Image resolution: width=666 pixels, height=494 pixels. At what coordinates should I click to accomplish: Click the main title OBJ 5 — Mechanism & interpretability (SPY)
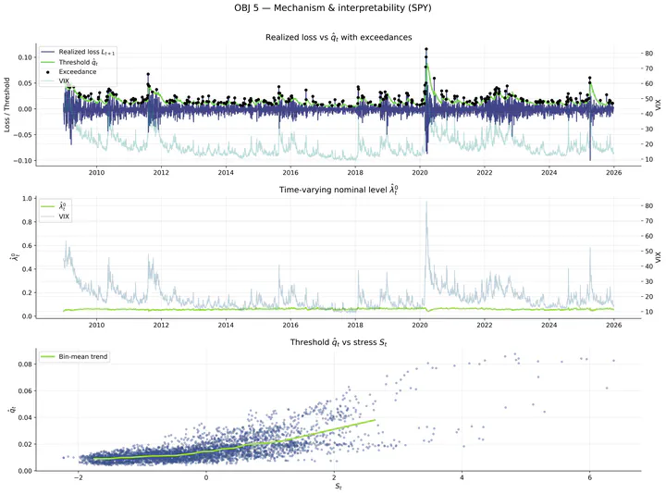(x=333, y=10)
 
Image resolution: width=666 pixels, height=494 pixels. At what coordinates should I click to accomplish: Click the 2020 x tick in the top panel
(x=419, y=172)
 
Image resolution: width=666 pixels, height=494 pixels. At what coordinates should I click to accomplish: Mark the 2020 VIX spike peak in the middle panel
(x=426, y=202)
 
